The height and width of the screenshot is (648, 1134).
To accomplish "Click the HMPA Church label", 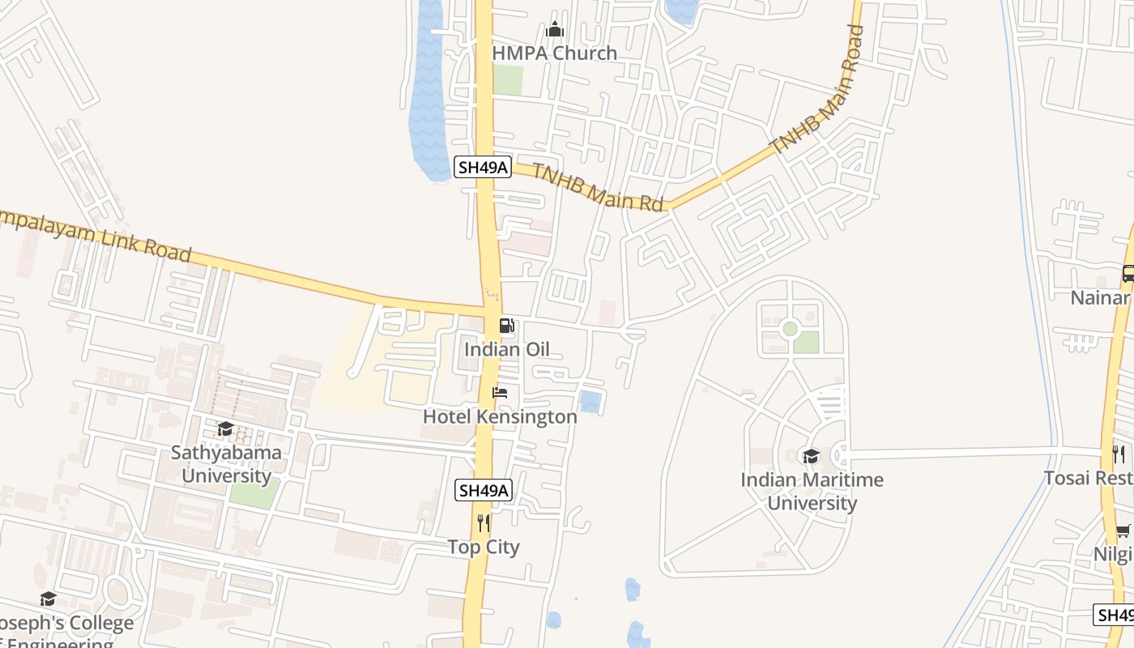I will (555, 53).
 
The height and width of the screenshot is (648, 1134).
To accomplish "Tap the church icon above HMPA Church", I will (555, 30).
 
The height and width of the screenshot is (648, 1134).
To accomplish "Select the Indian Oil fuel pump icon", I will (506, 326).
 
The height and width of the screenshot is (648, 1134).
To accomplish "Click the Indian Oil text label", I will (506, 350).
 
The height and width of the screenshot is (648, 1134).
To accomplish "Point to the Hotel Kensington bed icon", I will (500, 393).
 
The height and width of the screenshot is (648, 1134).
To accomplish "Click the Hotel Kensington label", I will (500, 417).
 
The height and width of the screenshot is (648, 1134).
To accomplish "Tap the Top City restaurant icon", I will (484, 522).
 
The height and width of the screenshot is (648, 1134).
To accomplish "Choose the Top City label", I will (484, 548).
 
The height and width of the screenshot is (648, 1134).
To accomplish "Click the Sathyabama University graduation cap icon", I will (225, 428).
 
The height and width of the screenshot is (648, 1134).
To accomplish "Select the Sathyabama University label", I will (226, 464).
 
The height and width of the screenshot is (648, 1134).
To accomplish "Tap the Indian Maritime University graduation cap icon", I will (811, 456).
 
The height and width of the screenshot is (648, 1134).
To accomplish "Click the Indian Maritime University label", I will (812, 491).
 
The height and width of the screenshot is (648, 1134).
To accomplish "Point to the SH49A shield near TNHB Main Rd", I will (483, 168).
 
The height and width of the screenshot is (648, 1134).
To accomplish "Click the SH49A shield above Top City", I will (484, 490).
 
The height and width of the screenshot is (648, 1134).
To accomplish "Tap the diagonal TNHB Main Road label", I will (817, 91).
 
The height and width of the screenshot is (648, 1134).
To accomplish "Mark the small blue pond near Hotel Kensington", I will (590, 401).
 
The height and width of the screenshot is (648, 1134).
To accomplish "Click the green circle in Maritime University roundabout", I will (790, 328).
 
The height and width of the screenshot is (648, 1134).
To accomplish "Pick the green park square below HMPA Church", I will (508, 79).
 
